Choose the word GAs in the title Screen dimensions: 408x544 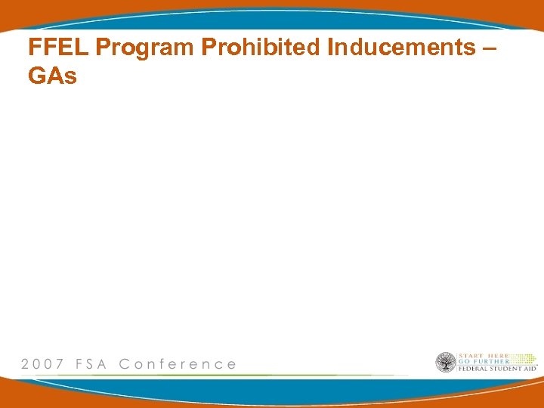pyautogui.click(x=52, y=76)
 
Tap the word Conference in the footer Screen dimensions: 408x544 pyautogui.click(x=178, y=364)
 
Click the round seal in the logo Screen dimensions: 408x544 pyautogui.click(x=446, y=362)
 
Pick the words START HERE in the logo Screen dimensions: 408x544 pyautogui.click(x=484, y=355)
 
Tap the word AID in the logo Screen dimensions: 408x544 pyautogui.click(x=531, y=369)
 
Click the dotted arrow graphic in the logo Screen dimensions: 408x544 pyautogui.click(x=522, y=357)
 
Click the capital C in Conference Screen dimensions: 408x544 pyautogui.click(x=125, y=364)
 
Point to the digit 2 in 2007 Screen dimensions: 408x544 pyautogui.click(x=26, y=364)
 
